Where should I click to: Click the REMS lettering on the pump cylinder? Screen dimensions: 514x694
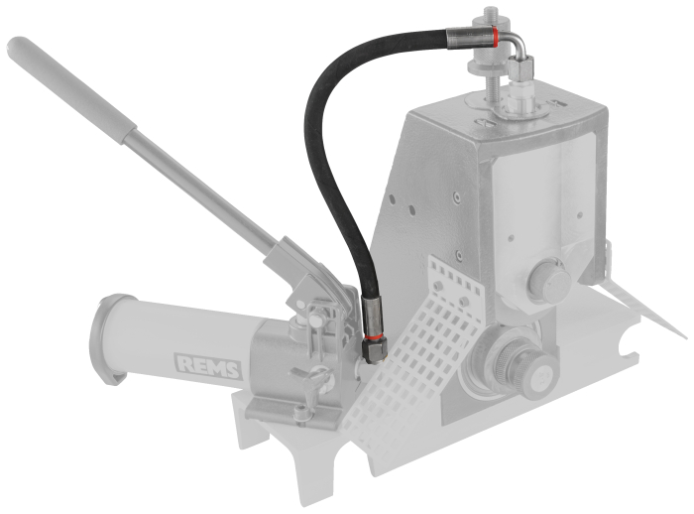[210, 368]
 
